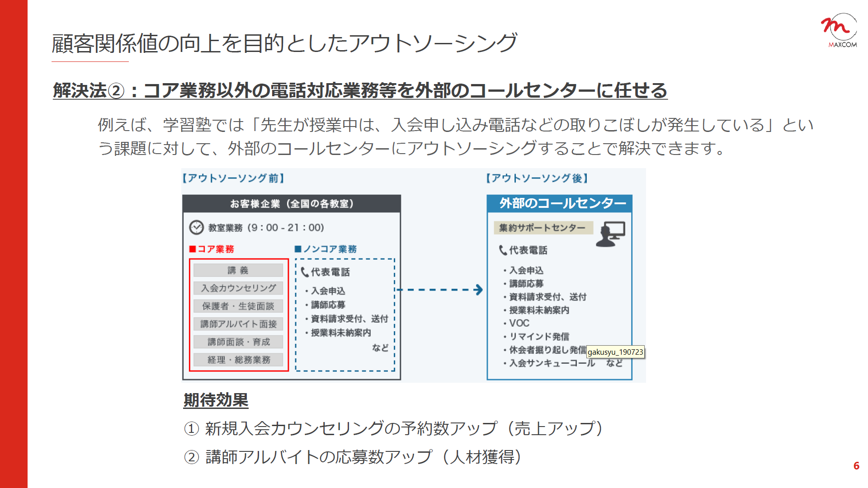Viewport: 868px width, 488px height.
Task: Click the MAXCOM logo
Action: tap(839, 30)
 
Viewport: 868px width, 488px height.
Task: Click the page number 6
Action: tap(856, 466)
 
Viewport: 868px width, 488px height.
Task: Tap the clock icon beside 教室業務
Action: tap(196, 227)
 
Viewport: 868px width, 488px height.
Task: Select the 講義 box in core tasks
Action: tap(238, 270)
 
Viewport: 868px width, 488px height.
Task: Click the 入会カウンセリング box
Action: tap(238, 288)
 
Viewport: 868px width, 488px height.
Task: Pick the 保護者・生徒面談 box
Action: tap(238, 306)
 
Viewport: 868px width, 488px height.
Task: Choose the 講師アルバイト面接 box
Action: tap(238, 324)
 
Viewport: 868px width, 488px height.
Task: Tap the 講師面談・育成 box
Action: tap(238, 342)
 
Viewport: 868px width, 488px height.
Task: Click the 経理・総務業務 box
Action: tap(238, 360)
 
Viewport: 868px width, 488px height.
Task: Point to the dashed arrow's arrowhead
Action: tap(479, 290)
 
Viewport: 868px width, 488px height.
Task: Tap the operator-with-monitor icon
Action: tap(610, 234)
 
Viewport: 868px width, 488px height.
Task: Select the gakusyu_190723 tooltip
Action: tap(615, 352)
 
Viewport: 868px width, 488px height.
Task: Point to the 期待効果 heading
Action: tap(216, 400)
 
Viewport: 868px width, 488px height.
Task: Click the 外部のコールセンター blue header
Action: tap(560, 203)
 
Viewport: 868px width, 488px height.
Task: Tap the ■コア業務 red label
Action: tap(212, 249)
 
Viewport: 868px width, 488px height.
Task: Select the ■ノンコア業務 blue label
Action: tap(325, 249)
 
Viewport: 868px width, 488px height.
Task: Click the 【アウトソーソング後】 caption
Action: tap(537, 178)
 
